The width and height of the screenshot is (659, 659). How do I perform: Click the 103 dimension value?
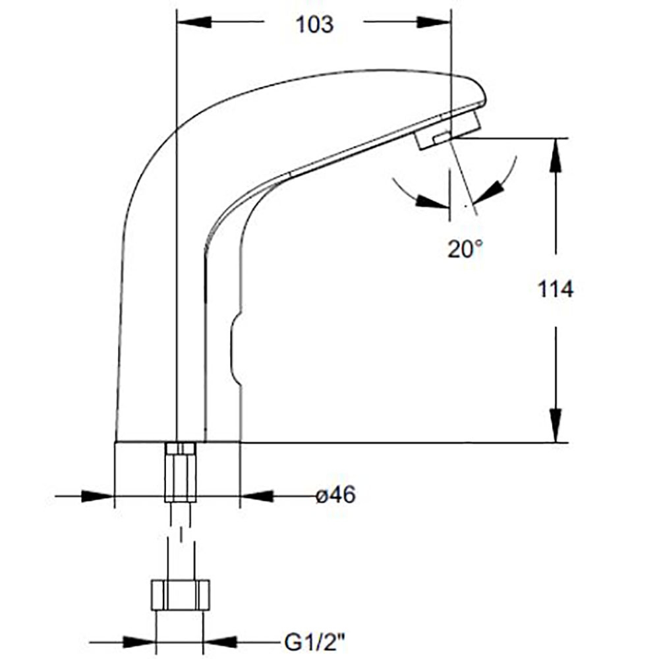click(314, 25)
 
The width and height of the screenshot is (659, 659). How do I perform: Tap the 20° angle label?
click(465, 249)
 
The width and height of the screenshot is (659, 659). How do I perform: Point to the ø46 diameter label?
click(335, 496)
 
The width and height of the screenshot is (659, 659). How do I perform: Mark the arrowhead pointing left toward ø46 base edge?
click(257, 496)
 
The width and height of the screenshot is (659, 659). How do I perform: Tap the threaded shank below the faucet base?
click(181, 473)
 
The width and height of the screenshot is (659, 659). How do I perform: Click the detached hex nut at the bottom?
click(181, 594)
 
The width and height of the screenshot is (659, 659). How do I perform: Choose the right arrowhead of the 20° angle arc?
click(487, 194)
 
